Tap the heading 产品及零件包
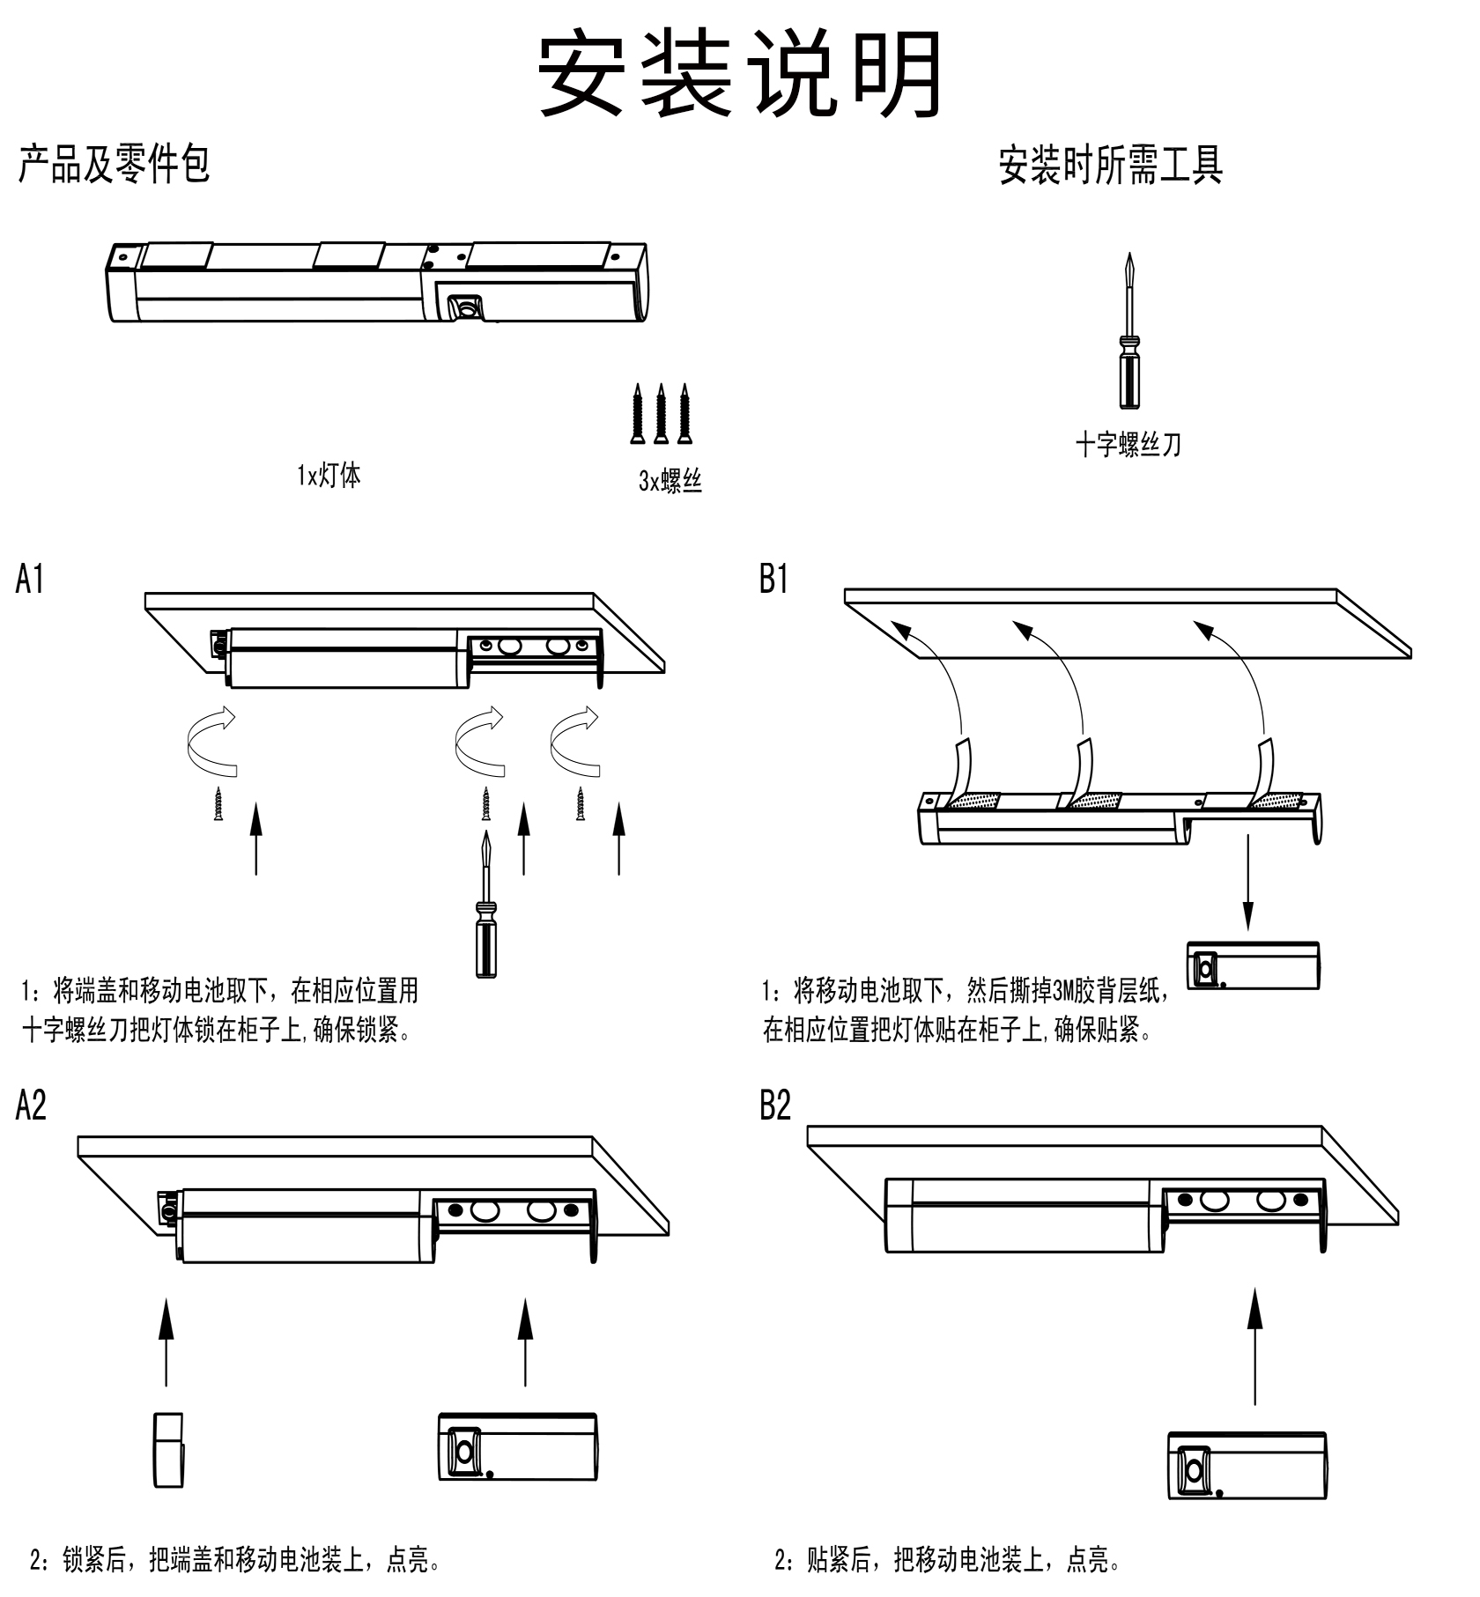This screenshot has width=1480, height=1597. pos(114,164)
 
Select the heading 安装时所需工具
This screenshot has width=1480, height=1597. pos(1110,165)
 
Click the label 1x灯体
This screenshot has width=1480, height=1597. pos(329,477)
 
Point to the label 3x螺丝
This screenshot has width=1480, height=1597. pos(670,481)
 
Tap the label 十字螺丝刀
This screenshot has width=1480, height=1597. pos(1128,445)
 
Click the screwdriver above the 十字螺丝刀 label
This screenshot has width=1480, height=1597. pos(1128,335)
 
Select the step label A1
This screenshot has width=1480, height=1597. pos(30,580)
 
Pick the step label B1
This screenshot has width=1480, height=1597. pos(773,580)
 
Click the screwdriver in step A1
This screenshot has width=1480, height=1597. pos(485,907)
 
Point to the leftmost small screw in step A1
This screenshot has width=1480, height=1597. pos(218,804)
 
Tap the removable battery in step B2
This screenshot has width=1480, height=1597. pos(1247,1466)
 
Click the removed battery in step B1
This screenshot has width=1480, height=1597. pos(1253,966)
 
